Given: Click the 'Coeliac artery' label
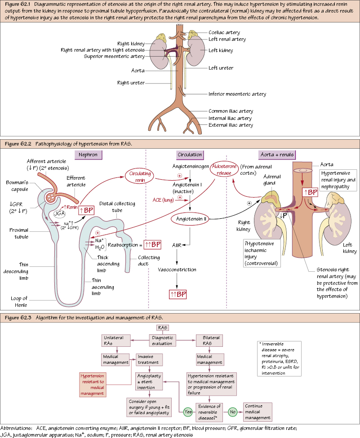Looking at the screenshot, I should click(224, 33).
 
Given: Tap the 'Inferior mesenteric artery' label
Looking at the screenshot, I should click(237, 94).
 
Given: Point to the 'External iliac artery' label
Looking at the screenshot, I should click(231, 125).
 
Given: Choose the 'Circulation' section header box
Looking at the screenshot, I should click(190, 155).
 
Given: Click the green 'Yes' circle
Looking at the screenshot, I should click(188, 411).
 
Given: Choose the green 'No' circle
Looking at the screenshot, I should click(232, 411).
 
